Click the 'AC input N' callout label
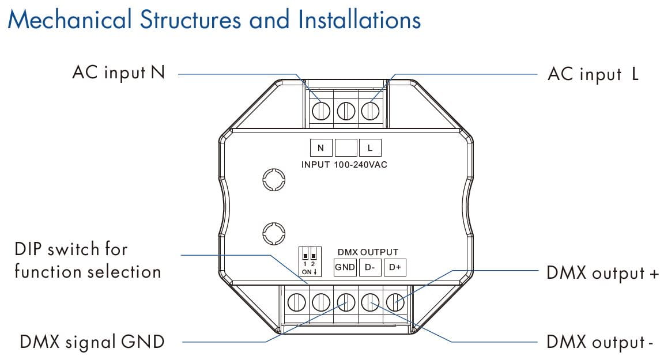coord(118,73)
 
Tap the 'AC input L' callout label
coord(593,74)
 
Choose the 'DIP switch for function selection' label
coord(88,260)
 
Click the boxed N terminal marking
coord(321,148)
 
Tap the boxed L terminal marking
coord(370,148)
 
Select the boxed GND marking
coord(345,267)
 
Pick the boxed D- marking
coord(369,267)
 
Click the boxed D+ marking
coord(394,267)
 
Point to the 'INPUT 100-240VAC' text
coord(344,165)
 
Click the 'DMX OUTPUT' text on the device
coord(368,252)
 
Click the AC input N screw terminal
coord(321,109)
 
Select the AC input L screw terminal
coord(370,109)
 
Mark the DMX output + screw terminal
coord(394,301)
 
